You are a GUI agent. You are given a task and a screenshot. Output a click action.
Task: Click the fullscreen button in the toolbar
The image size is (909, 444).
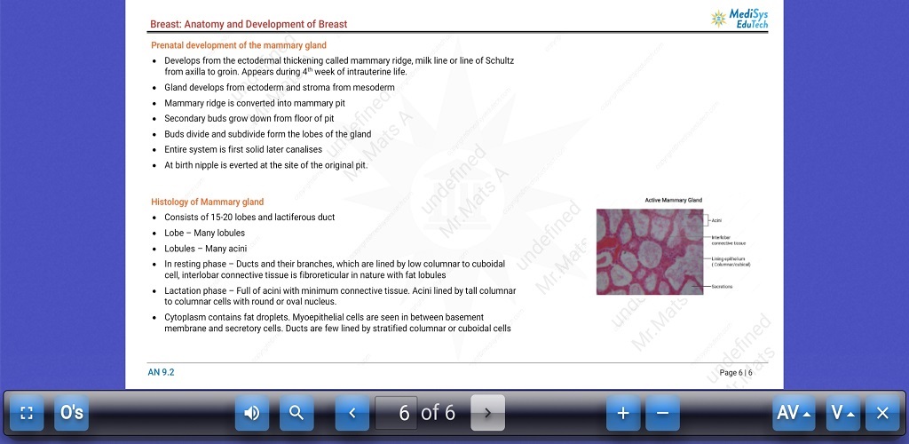coord(27,413)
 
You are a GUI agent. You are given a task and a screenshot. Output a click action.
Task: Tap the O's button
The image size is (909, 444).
coord(71,413)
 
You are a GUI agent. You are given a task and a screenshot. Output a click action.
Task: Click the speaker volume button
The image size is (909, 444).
coord(252,413)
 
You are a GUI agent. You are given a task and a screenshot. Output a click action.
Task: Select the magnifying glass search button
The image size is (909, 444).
coord(296,413)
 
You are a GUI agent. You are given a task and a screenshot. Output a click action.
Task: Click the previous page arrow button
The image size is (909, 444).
coord(352,413)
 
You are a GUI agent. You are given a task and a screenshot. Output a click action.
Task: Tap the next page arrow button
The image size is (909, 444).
coord(487,413)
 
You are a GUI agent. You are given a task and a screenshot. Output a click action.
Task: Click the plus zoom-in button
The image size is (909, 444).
coord(623,413)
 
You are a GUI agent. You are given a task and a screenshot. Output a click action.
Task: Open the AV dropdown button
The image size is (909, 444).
coord(793,413)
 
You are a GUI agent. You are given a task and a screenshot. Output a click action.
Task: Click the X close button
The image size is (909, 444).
coord(881,413)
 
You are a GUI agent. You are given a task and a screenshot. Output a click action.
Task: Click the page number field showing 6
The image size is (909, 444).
coord(405,413)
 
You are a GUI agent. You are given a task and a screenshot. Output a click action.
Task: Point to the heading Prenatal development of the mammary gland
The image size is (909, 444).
coord(239,45)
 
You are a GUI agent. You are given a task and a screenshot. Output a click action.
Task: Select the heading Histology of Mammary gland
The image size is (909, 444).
coord(207,202)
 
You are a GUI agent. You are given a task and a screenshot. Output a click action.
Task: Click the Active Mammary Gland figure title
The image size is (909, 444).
coord(673,201)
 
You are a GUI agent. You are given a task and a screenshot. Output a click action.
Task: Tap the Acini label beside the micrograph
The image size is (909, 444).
coord(715,219)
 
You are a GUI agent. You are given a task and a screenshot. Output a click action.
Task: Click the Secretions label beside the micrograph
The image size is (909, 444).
coord(721,287)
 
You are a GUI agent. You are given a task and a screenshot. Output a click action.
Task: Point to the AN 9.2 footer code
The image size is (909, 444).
coord(161,373)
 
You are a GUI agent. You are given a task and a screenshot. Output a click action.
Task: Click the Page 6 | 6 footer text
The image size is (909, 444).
coord(736,373)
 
